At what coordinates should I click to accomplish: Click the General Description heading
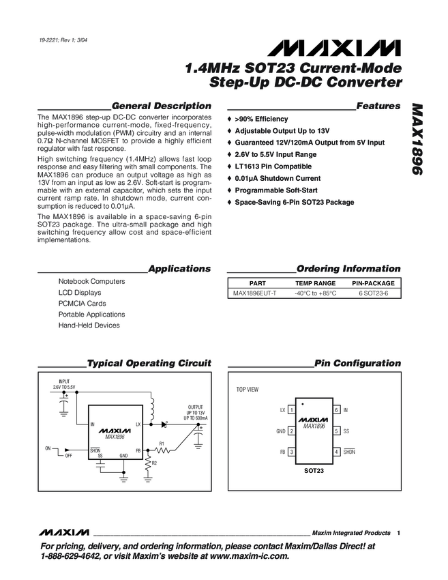(161, 106)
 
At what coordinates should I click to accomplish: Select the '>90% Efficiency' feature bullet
(261, 119)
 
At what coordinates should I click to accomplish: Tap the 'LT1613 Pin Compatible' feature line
(273, 166)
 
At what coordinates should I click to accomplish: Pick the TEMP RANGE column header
(315, 282)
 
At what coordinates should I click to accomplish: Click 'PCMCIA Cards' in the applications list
(82, 303)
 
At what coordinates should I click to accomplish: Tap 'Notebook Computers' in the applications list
(91, 281)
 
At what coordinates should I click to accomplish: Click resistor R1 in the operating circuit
(162, 450)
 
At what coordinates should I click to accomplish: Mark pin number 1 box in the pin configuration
(292, 410)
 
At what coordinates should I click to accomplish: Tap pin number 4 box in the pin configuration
(336, 452)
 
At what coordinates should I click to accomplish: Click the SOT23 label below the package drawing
(314, 471)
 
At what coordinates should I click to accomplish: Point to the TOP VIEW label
(247, 389)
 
